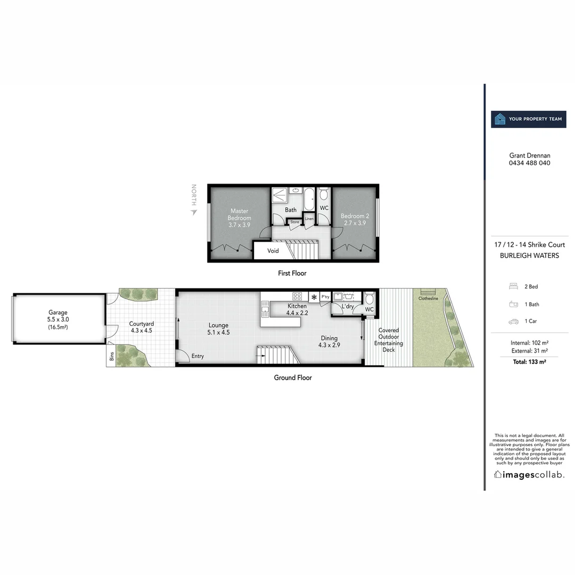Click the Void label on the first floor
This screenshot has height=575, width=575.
(273, 251)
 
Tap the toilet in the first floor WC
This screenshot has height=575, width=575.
(324, 195)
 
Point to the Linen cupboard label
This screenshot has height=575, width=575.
(309, 219)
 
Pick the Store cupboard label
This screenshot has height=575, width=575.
(294, 221)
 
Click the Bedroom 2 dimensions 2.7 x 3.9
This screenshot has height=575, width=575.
(355, 223)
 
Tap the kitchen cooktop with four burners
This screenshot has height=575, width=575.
(297, 297)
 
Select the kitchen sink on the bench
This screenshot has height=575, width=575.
(264, 307)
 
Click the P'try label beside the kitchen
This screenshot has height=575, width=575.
(325, 297)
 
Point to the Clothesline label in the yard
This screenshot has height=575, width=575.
(428, 299)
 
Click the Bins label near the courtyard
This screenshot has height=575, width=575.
(112, 357)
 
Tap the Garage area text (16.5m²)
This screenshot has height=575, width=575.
(58, 327)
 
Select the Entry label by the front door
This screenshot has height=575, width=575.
(198, 356)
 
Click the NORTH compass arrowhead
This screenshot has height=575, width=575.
(194, 212)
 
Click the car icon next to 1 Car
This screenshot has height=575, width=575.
(514, 322)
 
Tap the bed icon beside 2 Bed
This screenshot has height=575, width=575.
(514, 286)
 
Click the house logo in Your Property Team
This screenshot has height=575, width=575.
(500, 119)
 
